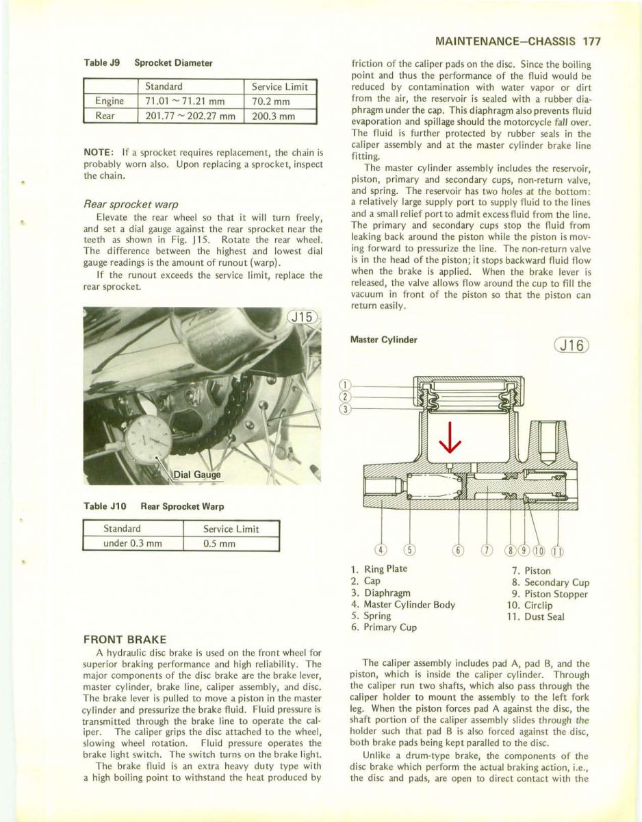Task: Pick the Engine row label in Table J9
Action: click(x=110, y=101)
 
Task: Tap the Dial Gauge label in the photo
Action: click(x=197, y=475)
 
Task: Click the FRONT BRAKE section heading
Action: click(x=125, y=639)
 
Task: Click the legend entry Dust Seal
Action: click(x=544, y=616)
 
